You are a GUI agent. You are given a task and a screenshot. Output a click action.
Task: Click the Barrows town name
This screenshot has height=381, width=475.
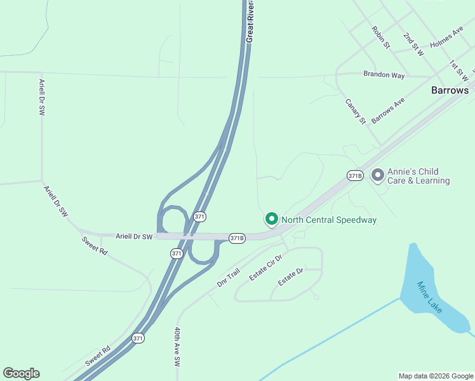click(450, 90)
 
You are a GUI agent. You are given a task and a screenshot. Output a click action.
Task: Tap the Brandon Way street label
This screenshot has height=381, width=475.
click(384, 75)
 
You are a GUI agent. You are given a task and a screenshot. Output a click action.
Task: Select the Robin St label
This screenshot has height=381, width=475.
click(380, 37)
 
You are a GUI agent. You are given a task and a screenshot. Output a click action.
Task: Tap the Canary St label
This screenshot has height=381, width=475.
click(356, 111)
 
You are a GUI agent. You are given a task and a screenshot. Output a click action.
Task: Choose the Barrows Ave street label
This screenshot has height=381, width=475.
click(387, 110)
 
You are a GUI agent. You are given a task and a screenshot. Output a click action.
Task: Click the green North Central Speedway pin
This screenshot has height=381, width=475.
click(271, 219)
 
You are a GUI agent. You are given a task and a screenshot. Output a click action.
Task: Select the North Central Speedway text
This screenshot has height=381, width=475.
click(329, 220)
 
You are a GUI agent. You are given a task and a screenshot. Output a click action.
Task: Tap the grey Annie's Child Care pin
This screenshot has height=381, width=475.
click(378, 175)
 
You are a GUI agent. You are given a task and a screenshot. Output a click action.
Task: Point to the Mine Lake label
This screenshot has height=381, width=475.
click(429, 297)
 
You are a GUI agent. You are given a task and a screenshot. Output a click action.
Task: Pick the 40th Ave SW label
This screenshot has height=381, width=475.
click(177, 347)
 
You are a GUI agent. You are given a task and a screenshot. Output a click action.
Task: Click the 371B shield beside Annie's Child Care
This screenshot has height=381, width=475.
click(354, 175)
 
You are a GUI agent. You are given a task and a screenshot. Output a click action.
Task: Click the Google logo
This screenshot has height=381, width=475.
click(21, 373)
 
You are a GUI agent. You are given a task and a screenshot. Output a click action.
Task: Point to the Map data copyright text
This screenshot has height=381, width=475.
click(436, 376)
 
